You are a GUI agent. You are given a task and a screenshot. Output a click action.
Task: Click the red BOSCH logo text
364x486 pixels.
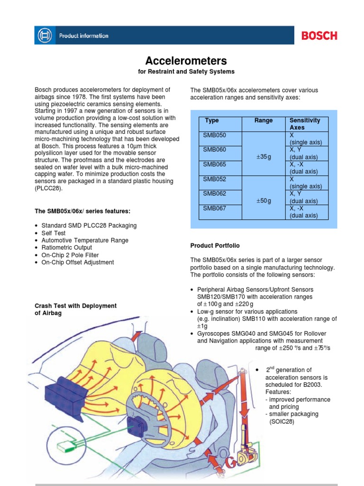[x=319, y=36]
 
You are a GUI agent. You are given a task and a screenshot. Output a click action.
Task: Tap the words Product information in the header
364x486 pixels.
[x=83, y=36]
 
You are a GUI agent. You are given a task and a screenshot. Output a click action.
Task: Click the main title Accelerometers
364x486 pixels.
[x=186, y=61]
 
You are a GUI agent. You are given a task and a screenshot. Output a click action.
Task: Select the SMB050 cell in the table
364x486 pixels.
[x=215, y=135]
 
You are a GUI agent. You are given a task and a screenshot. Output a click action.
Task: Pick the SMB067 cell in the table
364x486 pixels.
[x=215, y=208]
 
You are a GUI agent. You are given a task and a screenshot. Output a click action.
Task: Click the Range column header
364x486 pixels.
[x=264, y=121]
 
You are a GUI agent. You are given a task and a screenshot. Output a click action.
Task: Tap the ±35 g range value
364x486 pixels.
[x=264, y=157]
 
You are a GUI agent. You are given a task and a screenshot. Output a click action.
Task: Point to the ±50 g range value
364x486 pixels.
[x=264, y=201]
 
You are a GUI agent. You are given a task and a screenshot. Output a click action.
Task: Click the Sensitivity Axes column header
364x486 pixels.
[x=305, y=124]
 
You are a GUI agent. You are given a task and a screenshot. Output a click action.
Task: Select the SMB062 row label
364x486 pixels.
[x=215, y=193]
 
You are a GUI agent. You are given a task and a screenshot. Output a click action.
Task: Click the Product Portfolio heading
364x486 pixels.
[x=215, y=245]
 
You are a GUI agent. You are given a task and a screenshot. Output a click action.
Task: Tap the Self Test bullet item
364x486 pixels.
[x=54, y=233]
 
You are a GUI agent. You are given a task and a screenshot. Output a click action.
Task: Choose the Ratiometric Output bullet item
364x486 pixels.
[x=67, y=248]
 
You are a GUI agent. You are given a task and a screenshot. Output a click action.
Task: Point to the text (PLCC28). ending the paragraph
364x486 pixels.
[x=49, y=188]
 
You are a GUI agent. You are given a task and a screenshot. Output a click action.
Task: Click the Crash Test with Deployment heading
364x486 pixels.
[x=76, y=306]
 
